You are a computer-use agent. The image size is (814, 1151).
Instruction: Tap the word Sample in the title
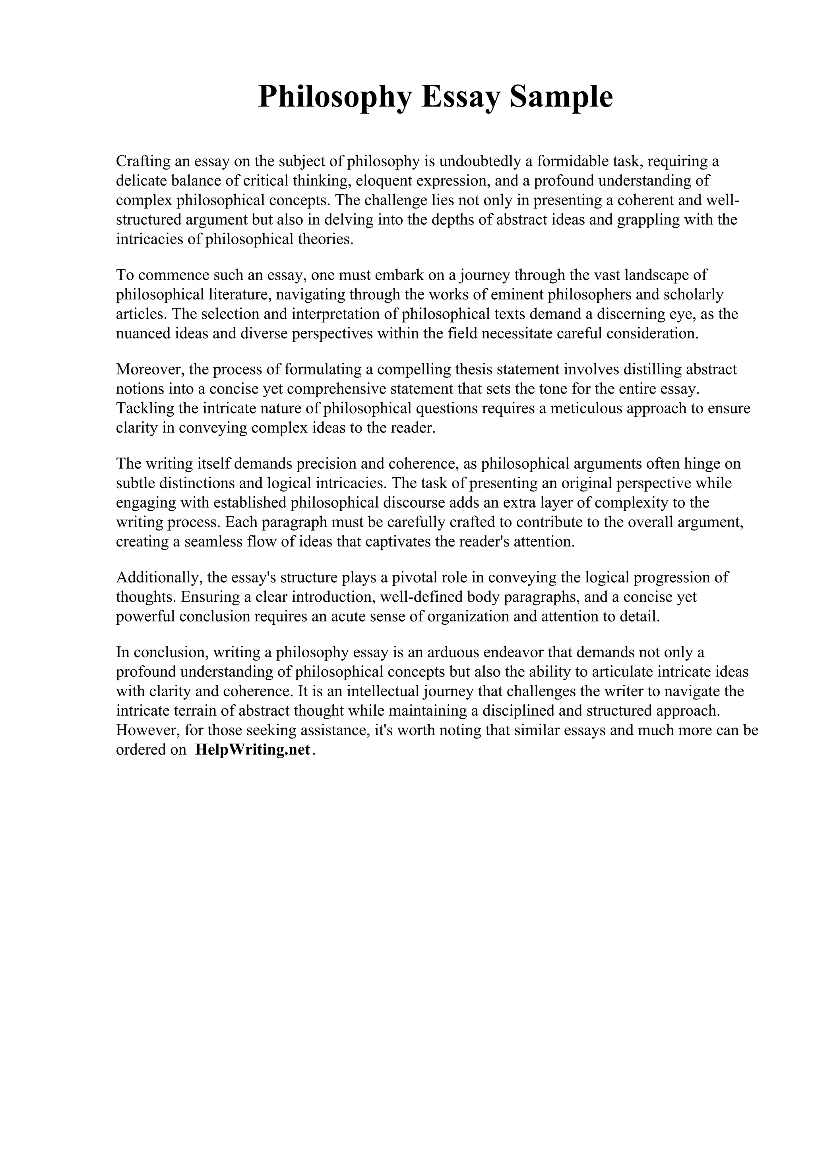pos(561,97)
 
